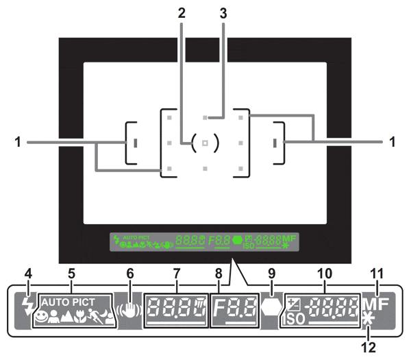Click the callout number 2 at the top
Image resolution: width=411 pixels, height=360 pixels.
point(182,12)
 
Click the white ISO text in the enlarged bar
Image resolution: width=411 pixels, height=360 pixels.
point(293,320)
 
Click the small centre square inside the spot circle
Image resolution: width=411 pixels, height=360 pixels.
point(205,143)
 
